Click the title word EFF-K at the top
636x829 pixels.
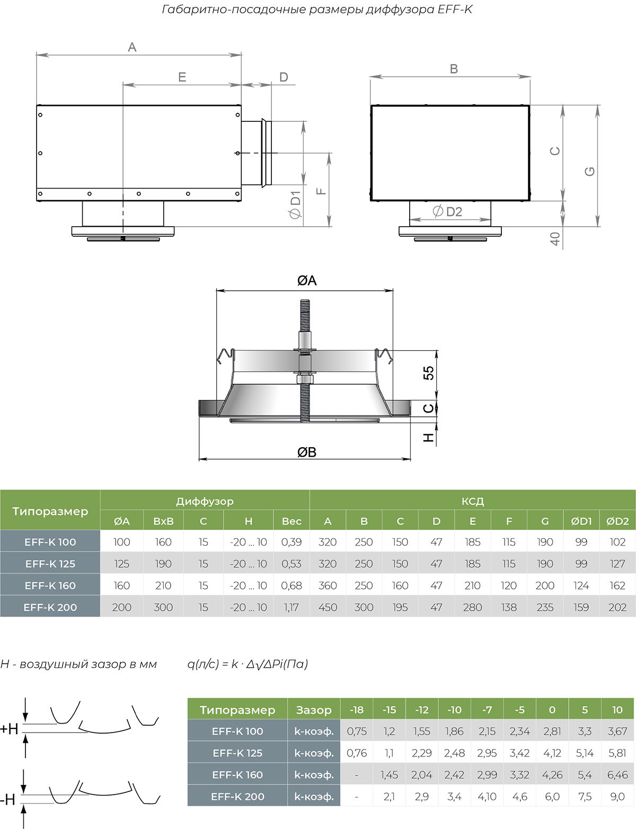(x=455, y=9)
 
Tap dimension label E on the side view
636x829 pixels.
(x=182, y=77)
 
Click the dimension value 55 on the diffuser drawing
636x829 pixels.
(x=428, y=373)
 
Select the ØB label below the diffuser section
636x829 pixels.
(x=307, y=452)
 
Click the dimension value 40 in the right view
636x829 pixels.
(x=555, y=239)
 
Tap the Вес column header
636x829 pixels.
(x=291, y=521)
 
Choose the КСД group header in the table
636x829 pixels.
(x=473, y=501)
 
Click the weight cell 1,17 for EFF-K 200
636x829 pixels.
(x=291, y=608)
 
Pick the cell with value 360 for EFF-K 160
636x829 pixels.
(x=328, y=586)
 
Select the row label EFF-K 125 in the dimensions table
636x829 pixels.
(x=50, y=564)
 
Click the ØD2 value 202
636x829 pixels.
(x=617, y=608)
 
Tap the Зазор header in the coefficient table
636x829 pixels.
(x=314, y=710)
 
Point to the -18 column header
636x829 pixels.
(x=357, y=710)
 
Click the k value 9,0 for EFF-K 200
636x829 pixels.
(x=617, y=797)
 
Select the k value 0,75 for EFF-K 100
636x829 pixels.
(x=357, y=732)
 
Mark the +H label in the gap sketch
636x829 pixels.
(x=9, y=729)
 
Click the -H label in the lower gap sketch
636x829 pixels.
(x=7, y=800)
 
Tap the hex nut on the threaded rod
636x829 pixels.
(x=305, y=379)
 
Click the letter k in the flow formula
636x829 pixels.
(x=235, y=664)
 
